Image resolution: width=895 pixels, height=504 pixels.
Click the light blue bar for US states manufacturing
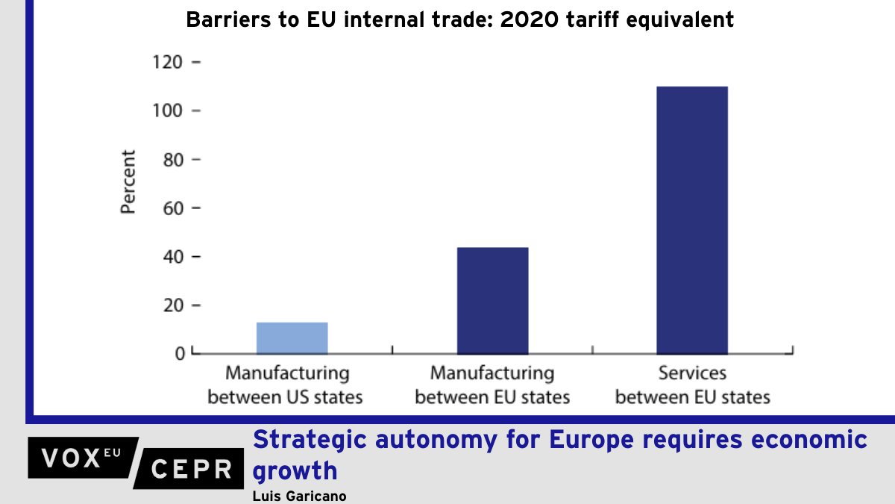click(x=292, y=337)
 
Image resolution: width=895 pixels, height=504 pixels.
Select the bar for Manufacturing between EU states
click(x=492, y=300)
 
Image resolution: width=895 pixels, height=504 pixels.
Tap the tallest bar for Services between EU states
click(x=691, y=220)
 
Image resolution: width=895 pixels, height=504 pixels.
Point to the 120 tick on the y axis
click(x=167, y=63)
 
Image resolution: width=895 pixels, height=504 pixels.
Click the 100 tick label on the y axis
click(x=167, y=111)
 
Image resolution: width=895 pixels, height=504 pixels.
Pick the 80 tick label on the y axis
click(x=172, y=160)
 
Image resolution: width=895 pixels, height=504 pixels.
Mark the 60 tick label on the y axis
click(x=172, y=208)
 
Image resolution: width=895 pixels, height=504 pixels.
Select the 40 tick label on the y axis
click(x=172, y=257)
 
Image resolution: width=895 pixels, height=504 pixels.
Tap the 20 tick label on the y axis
click(x=172, y=305)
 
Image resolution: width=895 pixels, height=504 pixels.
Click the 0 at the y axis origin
click(x=180, y=353)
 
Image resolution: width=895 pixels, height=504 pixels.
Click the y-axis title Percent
click(x=129, y=183)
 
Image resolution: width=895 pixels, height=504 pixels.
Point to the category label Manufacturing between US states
click(x=286, y=385)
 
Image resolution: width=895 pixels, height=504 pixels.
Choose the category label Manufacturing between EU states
click(x=492, y=385)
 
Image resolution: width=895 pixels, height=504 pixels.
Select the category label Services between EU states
click(x=692, y=385)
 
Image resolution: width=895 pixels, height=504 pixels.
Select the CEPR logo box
click(x=191, y=469)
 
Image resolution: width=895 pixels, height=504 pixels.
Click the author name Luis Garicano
click(x=300, y=496)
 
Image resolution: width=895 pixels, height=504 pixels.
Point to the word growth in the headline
click(x=295, y=471)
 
